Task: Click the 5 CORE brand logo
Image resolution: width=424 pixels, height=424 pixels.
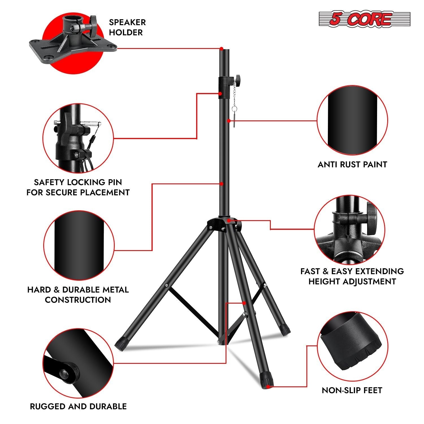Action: tap(364, 19)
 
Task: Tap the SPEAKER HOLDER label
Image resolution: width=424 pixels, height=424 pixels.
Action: tap(127, 27)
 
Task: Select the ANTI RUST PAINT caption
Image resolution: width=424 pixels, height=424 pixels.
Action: tap(352, 165)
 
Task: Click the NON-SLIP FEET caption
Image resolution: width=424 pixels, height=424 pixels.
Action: tap(352, 390)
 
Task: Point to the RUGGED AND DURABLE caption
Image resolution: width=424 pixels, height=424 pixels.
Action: tap(78, 406)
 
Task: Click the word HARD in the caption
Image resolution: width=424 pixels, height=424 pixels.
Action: tap(39, 290)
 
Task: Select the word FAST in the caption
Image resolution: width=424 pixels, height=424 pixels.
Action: tap(310, 271)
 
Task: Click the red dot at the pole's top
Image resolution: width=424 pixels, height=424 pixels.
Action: tap(222, 49)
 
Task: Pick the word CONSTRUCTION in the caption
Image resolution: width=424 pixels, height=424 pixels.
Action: tap(78, 300)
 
